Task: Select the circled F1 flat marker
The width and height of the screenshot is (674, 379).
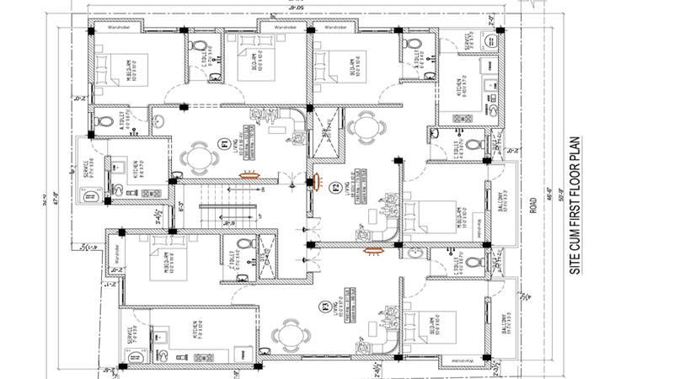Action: pyautogui.click(x=224, y=143)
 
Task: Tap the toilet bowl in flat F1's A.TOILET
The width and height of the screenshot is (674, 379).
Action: pyautogui.click(x=103, y=121)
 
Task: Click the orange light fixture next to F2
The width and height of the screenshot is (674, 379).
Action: pyautogui.click(x=318, y=178)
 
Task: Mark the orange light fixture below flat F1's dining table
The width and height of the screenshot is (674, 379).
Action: pyautogui.click(x=249, y=176)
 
